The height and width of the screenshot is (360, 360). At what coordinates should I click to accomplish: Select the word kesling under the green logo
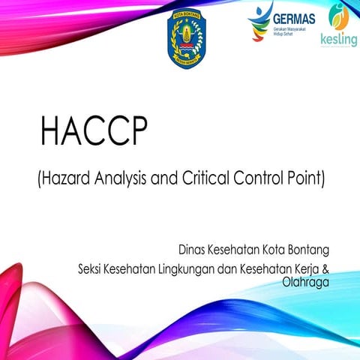point(338,40)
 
